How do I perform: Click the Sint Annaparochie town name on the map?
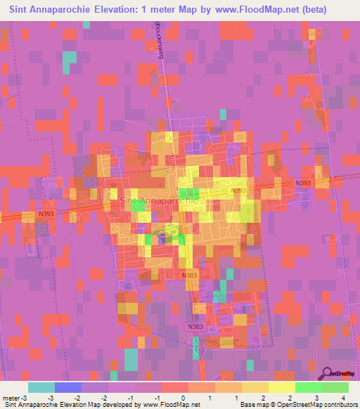(x=161, y=200)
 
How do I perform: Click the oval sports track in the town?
(x=166, y=237)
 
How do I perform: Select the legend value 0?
(x=182, y=397)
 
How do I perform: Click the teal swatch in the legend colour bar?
(x=41, y=387)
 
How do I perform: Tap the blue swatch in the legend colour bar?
(x=68, y=387)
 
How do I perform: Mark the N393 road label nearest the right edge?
(x=303, y=183)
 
